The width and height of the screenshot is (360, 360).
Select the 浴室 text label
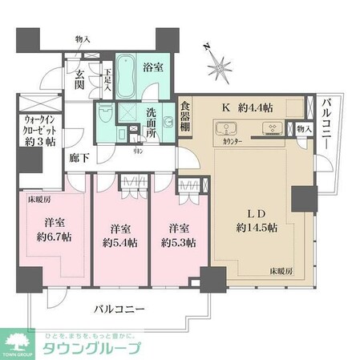click(x=155, y=68)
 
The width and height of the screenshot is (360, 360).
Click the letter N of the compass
click(x=205, y=46)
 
